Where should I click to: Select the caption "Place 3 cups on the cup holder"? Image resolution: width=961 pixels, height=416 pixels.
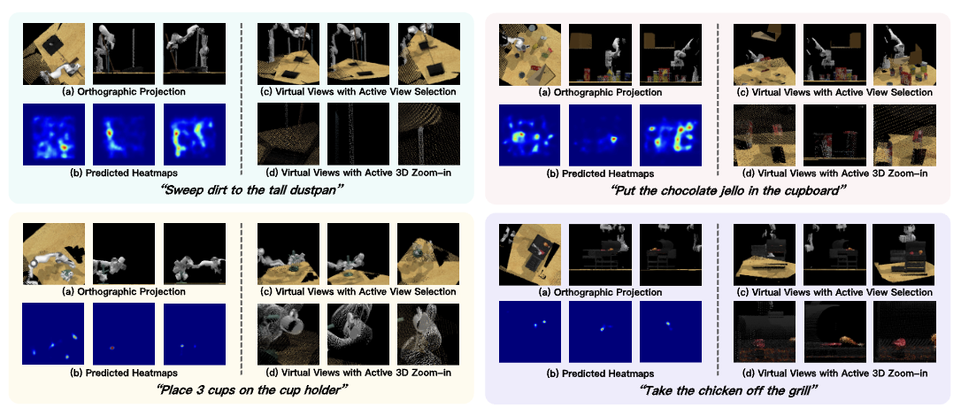(242, 390)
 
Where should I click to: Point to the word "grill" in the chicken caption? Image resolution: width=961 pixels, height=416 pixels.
(802, 390)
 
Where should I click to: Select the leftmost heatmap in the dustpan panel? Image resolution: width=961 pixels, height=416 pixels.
(54, 135)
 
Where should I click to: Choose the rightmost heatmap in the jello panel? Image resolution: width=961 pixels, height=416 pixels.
(670, 135)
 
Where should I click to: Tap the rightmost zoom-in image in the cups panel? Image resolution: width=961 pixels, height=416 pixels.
(428, 334)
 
